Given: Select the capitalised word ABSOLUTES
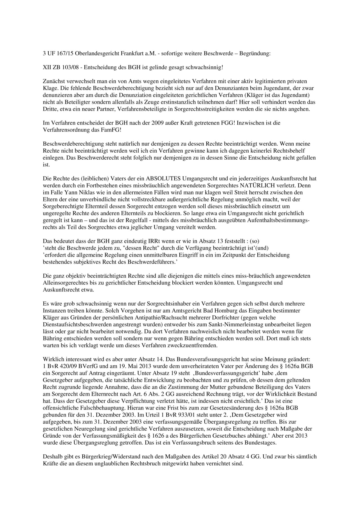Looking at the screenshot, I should click(x=163, y=178).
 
